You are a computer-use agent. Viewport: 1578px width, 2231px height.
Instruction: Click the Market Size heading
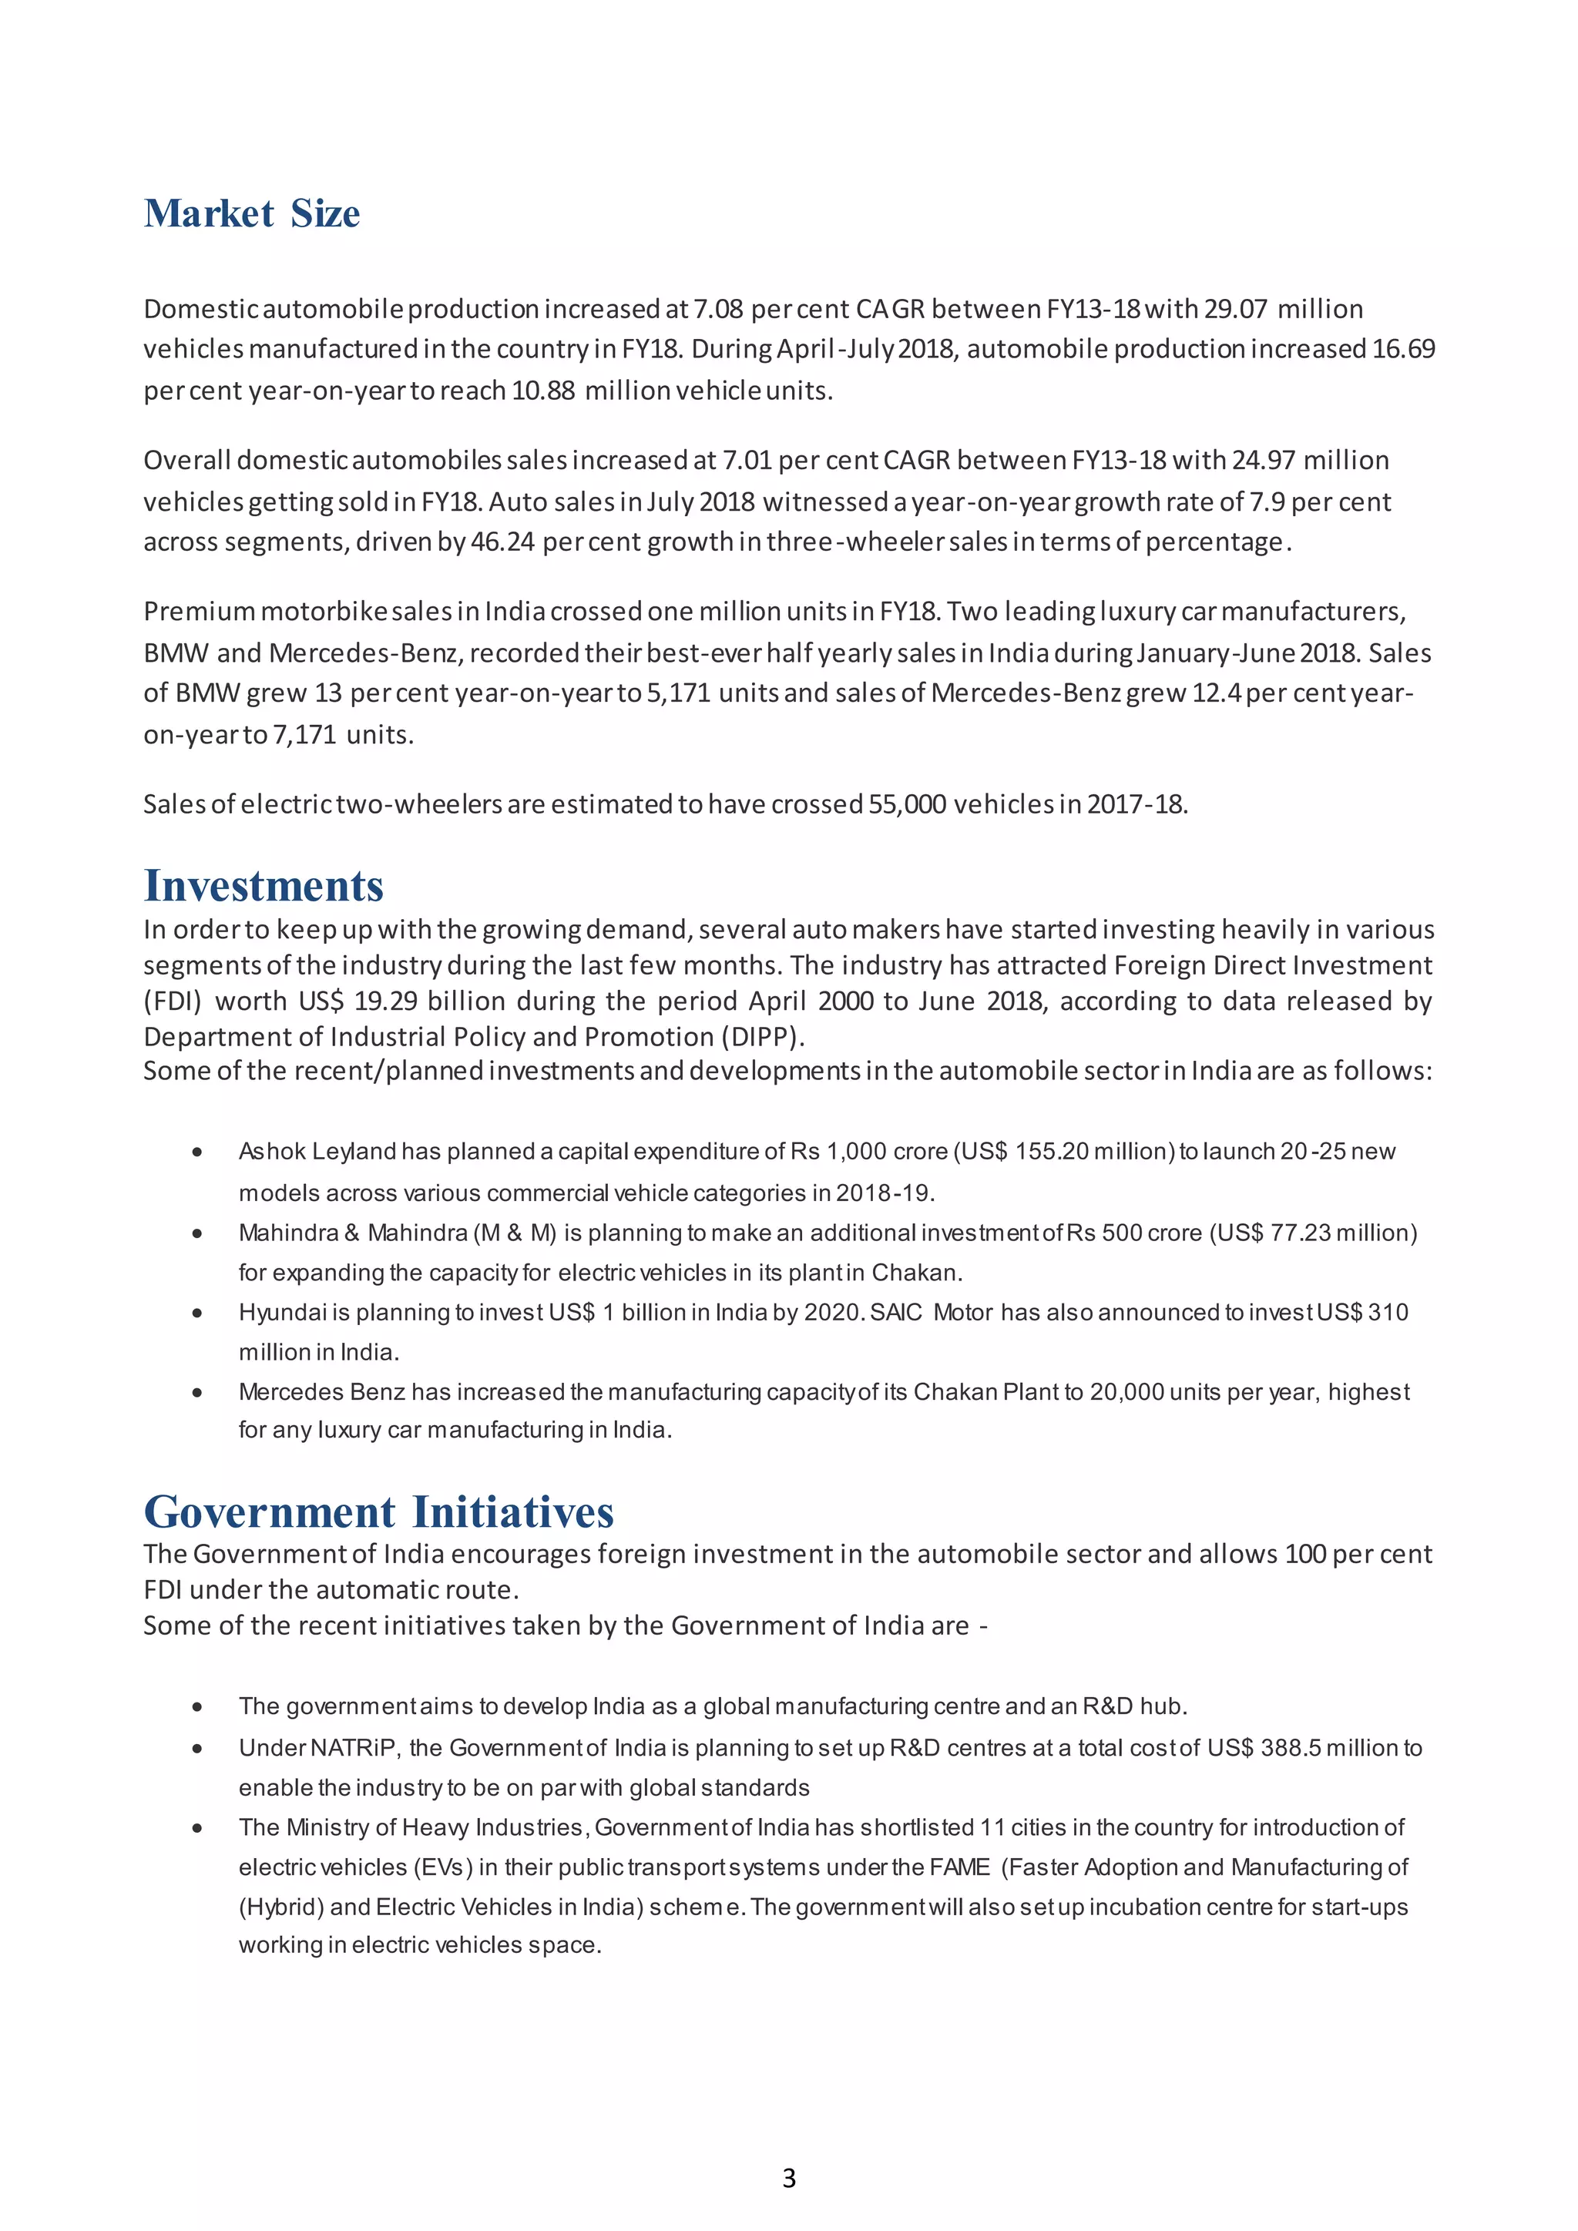252,213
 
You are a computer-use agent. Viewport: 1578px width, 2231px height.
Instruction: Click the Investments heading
264,885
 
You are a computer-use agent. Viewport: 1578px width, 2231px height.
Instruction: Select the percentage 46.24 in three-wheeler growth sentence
502,542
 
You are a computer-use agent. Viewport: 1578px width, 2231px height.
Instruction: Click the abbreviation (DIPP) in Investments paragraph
762,1037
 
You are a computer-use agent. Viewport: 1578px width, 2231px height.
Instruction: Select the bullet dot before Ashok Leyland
197,1152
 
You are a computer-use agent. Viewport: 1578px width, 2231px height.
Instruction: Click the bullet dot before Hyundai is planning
197,1313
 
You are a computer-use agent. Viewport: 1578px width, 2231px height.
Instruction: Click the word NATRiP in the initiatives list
354,1748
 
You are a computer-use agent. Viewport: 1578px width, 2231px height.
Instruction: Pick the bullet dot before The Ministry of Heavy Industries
197,1828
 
